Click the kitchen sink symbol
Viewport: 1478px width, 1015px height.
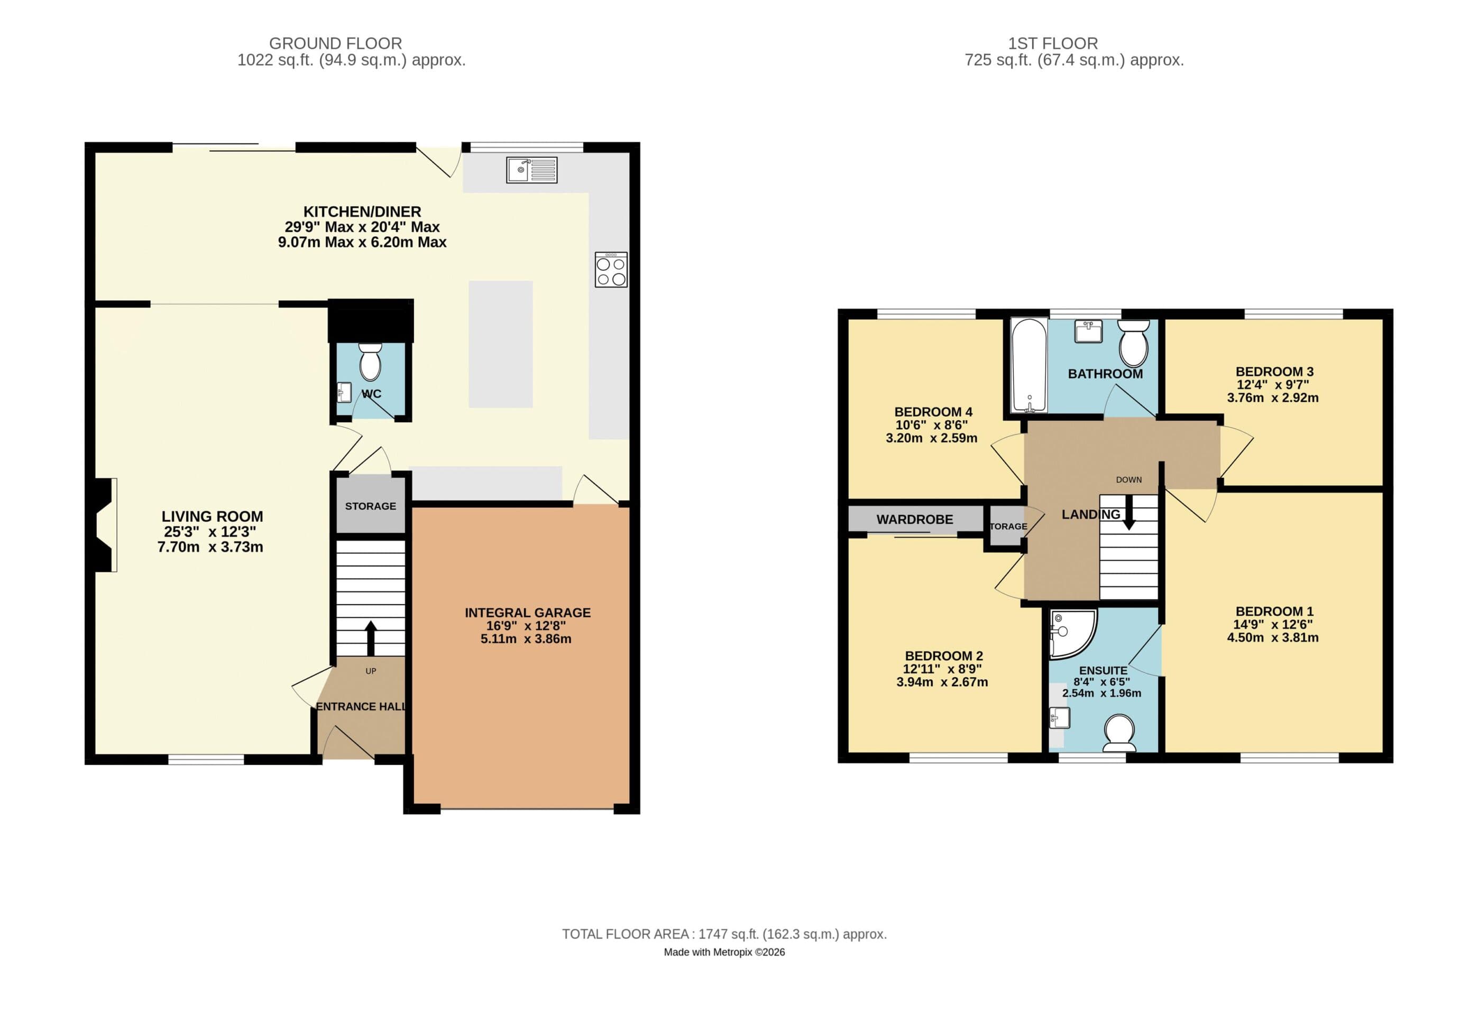[531, 170]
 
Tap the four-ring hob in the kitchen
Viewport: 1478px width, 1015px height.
[611, 270]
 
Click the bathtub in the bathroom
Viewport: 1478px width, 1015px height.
[1029, 366]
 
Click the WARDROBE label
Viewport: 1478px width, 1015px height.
[914, 520]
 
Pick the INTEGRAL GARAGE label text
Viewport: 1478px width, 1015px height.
[527, 612]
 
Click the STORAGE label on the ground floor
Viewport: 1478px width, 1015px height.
[370, 506]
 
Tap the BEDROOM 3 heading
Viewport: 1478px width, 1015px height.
[1274, 372]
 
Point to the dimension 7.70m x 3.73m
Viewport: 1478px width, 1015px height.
[210, 547]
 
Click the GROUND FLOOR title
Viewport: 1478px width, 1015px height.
[335, 43]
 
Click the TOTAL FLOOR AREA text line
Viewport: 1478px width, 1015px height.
[724, 934]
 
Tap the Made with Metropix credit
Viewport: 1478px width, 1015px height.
[724, 952]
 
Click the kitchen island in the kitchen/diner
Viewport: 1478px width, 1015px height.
[500, 344]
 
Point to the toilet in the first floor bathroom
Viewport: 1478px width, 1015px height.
[1133, 344]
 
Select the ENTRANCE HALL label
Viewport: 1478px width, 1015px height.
[361, 707]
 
